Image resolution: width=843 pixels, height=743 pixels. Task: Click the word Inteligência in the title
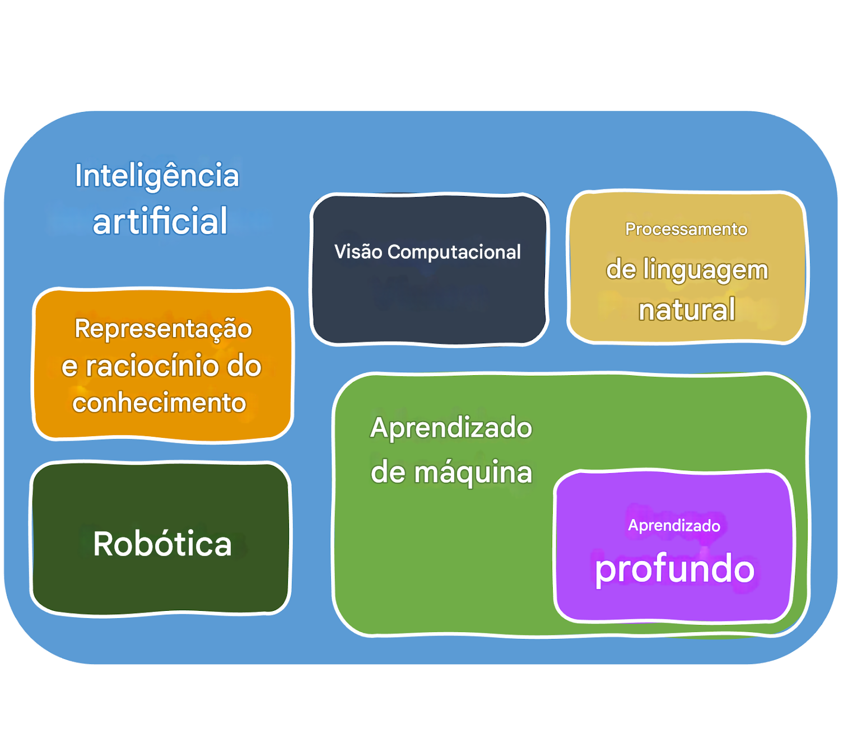tap(157, 176)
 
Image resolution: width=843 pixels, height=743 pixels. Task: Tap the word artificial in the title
tap(160, 221)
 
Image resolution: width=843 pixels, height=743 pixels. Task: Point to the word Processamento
tap(686, 229)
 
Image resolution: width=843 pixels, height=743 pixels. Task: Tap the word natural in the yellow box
tap(687, 310)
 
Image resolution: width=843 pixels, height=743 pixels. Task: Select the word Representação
tap(163, 329)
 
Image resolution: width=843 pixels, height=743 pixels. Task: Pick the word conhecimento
tap(159, 403)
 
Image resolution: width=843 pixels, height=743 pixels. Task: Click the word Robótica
tap(162, 544)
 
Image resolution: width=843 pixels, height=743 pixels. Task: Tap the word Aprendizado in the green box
tap(451, 428)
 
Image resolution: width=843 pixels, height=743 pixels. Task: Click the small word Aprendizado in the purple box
tap(674, 525)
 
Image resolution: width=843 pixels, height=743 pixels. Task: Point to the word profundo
tap(674, 569)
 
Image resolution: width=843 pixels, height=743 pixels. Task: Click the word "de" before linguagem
tap(621, 270)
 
